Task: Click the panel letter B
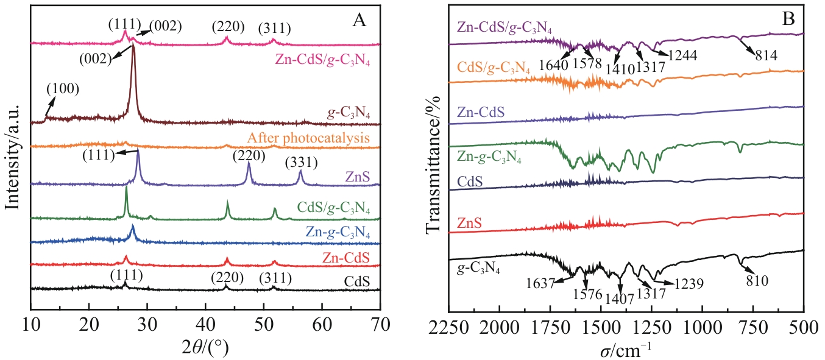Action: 788,19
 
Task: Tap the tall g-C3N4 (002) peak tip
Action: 133,46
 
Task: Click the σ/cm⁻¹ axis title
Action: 628,348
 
